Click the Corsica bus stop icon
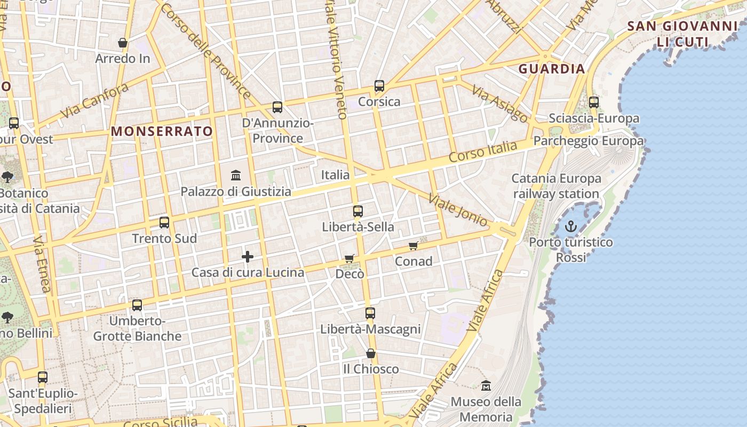(x=379, y=85)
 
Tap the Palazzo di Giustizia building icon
(x=236, y=175)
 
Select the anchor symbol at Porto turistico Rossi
(x=571, y=226)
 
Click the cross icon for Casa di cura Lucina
(x=247, y=257)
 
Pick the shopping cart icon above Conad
(x=413, y=246)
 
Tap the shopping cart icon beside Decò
(x=349, y=258)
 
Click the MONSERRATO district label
(x=162, y=131)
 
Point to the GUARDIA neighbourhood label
(x=552, y=69)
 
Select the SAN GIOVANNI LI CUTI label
(x=682, y=34)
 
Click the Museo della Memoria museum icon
(x=486, y=385)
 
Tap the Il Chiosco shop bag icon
(x=371, y=353)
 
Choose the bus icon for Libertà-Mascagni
(x=370, y=313)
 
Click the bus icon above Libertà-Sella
(x=358, y=211)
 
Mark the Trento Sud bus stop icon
(x=164, y=223)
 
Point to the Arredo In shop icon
(x=123, y=43)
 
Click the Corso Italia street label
(x=483, y=152)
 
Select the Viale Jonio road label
(x=458, y=210)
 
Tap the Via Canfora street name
(x=94, y=101)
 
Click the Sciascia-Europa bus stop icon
(x=594, y=102)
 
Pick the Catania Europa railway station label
(x=556, y=186)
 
